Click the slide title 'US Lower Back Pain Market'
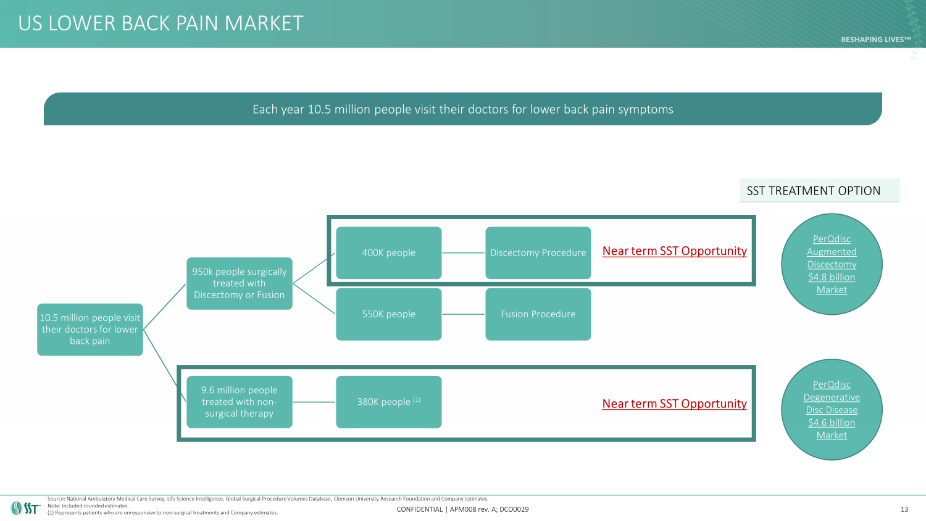(x=161, y=23)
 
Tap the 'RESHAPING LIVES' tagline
(x=875, y=40)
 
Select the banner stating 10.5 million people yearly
(x=462, y=109)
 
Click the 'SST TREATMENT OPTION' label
(x=813, y=191)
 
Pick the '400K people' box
(x=388, y=252)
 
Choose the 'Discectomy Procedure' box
(x=538, y=252)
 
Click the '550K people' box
(x=388, y=314)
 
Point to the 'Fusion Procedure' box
(x=538, y=314)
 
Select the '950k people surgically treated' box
(x=239, y=283)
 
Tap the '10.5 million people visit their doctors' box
(x=90, y=329)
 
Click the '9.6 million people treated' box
(x=239, y=402)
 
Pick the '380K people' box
(x=388, y=402)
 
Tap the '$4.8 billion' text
(x=832, y=277)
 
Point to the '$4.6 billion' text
(x=832, y=423)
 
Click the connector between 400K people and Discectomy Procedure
(x=463, y=252)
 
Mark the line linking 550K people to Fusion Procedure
(x=463, y=314)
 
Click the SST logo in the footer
(x=25, y=508)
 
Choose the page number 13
(x=904, y=509)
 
